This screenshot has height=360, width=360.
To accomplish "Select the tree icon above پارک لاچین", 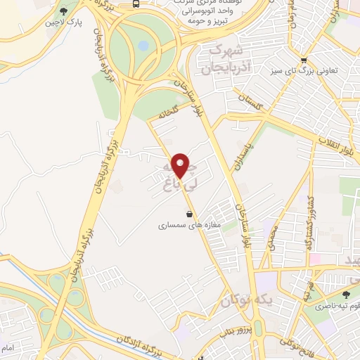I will (64, 12).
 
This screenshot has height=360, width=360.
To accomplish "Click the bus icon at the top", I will (135, 4).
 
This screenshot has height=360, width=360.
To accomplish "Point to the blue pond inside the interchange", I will (144, 46).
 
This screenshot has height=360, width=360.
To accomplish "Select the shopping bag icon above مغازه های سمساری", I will (188, 213).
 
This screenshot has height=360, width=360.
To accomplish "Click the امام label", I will (7, 348).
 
